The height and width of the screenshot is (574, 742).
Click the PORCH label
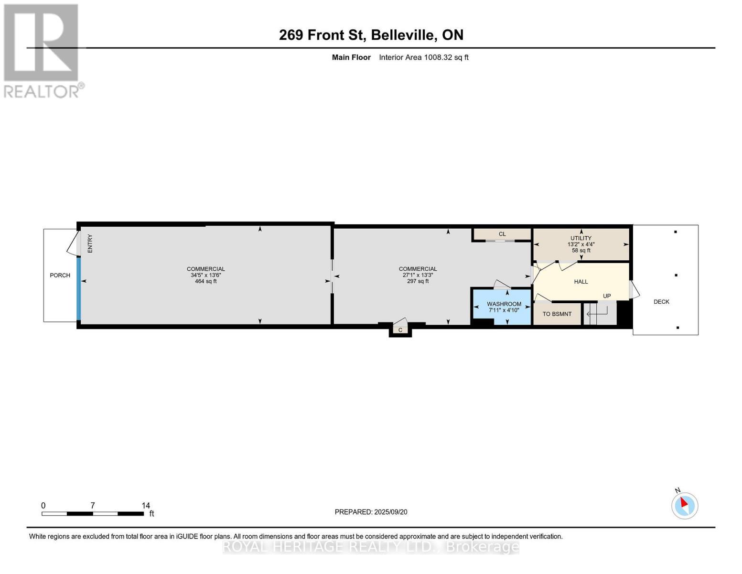point(60,276)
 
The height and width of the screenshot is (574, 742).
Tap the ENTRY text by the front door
point(90,243)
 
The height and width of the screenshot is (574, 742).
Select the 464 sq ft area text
point(205,281)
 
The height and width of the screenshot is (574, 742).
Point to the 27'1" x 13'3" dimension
point(418,275)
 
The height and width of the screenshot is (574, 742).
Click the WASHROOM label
point(504,304)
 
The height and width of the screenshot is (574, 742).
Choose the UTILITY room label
point(581,238)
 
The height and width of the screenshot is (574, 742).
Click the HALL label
point(581,282)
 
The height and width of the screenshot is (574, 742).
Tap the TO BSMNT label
point(557,314)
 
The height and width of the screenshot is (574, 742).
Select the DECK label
point(661,302)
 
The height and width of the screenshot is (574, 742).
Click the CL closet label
point(502,234)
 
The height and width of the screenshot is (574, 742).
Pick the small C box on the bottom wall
point(400,330)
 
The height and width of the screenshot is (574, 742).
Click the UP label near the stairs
point(607,296)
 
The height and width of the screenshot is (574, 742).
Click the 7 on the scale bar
point(93,506)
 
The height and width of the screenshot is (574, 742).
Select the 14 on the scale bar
point(146,506)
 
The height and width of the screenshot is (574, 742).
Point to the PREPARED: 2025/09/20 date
point(371,512)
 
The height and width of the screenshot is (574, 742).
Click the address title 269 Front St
point(371,35)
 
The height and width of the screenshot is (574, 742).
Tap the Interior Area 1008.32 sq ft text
point(423,57)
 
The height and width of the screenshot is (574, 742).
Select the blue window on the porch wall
point(79,289)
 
